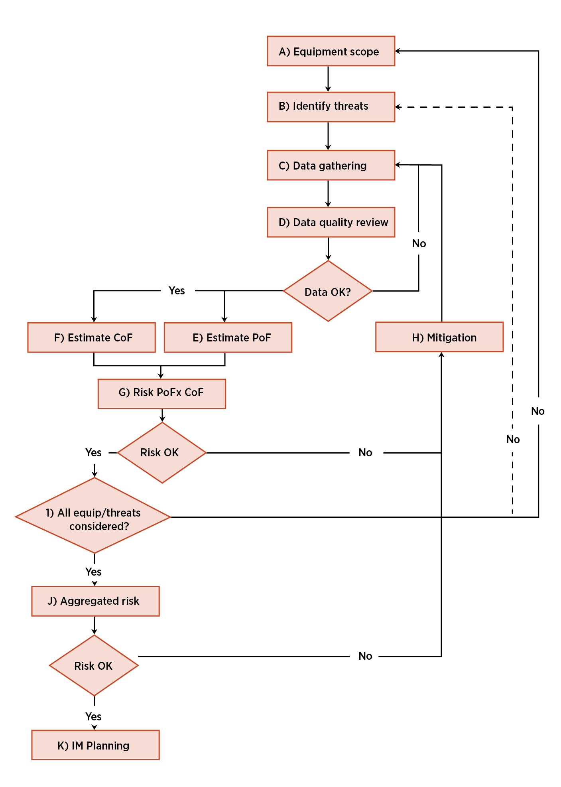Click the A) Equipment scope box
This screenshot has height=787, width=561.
point(331,51)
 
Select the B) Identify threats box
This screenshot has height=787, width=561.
point(331,107)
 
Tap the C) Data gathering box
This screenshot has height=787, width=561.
point(331,165)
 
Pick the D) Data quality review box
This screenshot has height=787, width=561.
point(331,222)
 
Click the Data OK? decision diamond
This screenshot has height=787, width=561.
point(328,291)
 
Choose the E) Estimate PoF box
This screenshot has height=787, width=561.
point(228,337)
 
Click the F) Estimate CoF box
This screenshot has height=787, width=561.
point(92,337)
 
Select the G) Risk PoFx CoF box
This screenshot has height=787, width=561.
point(162,394)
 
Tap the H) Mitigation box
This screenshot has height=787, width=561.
point(439,337)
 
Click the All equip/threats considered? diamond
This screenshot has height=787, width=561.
point(93,515)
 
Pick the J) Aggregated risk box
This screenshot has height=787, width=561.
point(96,601)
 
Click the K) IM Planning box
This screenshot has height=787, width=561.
point(96,745)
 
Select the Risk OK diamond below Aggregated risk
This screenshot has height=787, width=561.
point(94,665)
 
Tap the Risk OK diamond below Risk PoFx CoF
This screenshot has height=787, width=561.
point(162,453)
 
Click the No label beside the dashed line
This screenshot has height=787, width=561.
point(513,440)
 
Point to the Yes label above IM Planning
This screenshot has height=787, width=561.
point(93,717)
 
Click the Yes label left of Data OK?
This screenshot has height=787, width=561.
point(177,291)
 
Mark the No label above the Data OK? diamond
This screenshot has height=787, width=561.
point(419,244)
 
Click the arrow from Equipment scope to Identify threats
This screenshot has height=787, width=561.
point(328,79)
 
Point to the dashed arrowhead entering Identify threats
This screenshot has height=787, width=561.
point(398,107)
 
